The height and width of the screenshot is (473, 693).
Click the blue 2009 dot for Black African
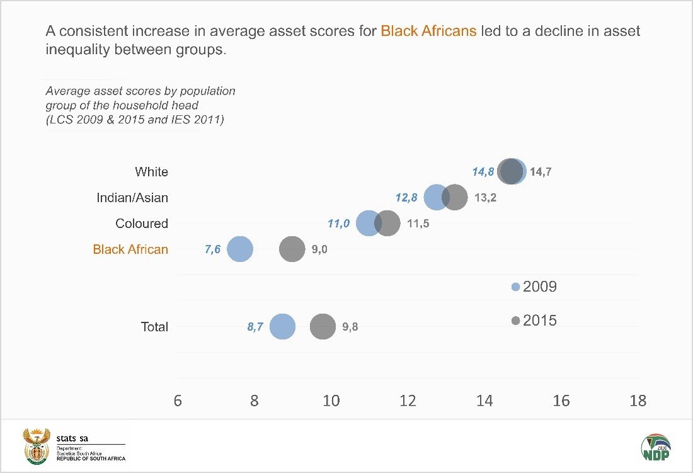coord(239,249)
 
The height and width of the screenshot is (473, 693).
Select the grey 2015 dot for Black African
coord(292,249)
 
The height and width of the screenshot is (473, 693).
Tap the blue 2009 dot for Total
coord(282,327)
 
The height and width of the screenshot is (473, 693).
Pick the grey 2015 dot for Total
coord(323,327)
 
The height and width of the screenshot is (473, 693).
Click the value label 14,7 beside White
coord(541,172)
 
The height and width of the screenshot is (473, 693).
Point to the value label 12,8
coord(406,198)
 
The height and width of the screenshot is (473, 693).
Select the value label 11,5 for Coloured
coord(418,224)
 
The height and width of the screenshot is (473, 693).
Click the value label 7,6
coord(213,249)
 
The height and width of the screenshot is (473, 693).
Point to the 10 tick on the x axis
coord(331,401)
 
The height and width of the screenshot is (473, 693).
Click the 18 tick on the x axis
coord(638,401)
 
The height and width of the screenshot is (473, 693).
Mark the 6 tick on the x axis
coord(178,401)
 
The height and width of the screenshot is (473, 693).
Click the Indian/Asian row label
coord(132,198)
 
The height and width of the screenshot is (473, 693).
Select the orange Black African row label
coord(130,249)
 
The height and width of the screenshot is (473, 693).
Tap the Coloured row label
coord(142,224)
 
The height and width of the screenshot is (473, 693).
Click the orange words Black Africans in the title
coord(428,31)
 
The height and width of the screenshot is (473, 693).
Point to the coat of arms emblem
coord(36,446)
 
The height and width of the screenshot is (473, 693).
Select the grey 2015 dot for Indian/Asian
coord(455,198)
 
